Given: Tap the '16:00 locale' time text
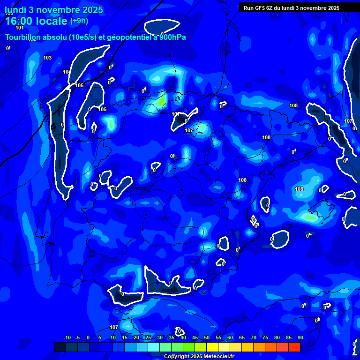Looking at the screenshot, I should (x=36, y=21).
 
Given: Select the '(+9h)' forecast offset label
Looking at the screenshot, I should (x=79, y=21).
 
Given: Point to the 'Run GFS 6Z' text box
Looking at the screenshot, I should (x=292, y=7).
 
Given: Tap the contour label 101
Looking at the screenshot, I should (x=19, y=28).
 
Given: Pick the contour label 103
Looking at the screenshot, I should (x=47, y=58).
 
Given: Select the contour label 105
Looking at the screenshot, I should (x=79, y=85).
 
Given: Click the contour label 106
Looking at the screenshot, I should (x=102, y=109).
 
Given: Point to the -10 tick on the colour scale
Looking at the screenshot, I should (x=67, y=337).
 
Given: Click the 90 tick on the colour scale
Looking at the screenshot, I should (x=300, y=337).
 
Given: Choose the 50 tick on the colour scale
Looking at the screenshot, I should (x=206, y=337).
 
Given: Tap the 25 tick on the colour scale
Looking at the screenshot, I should (x=148, y=337).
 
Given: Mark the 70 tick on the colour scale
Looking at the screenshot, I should (x=253, y=337).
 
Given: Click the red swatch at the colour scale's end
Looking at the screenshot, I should (x=294, y=347).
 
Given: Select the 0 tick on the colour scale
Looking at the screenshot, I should (x=88, y=337).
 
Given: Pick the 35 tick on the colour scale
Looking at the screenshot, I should (x=171, y=337).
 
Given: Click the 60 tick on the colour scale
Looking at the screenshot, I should (x=230, y=337).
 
